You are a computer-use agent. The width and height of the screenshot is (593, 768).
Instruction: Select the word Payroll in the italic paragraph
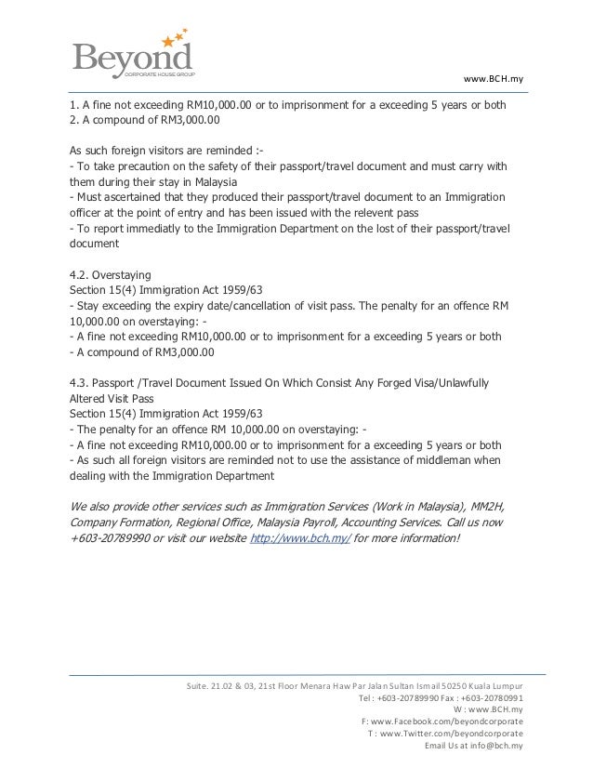point(340,523)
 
